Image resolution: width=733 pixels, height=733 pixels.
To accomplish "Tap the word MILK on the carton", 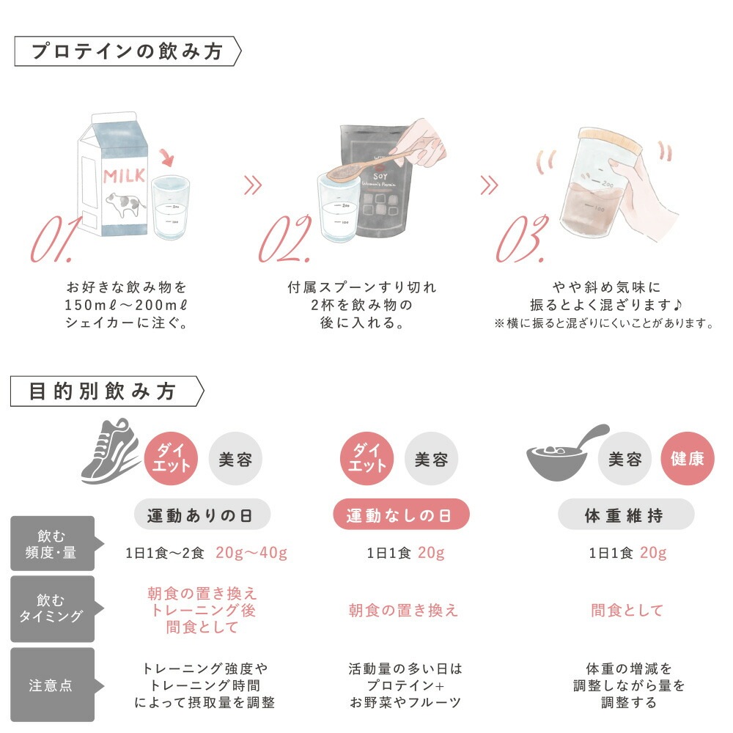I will (123, 176).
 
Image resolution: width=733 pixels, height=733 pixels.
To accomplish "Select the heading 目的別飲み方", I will (103, 391).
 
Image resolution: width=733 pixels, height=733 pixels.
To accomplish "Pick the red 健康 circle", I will (687, 459).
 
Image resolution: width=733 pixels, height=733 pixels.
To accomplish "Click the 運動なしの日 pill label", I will (402, 515).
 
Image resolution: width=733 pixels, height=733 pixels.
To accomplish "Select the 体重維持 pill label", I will (625, 515).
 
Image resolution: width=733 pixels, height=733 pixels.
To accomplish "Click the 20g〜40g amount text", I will (251, 553).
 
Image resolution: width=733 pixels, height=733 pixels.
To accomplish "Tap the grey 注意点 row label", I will (52, 685).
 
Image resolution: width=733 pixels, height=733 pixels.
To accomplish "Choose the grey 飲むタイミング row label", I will (52, 609).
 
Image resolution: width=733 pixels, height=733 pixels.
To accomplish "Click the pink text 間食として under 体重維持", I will (627, 610).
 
